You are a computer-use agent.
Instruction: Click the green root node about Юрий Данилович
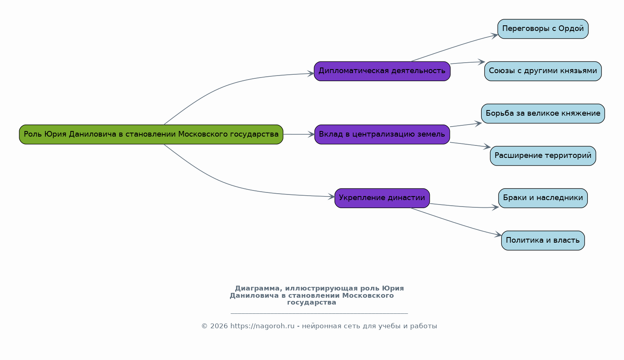coord(151,135)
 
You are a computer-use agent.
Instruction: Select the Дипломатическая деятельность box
coord(382,71)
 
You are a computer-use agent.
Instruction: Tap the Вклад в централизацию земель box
coord(382,135)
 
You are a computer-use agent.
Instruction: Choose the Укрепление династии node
coord(382,198)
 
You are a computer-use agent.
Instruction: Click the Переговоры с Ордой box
coord(543,29)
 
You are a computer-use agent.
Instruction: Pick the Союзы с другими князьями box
coord(543,71)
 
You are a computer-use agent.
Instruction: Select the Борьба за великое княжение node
coord(543,114)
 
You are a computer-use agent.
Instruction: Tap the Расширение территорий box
coord(543,156)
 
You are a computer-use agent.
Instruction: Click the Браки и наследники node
coord(543,198)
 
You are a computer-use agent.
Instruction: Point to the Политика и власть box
coord(543,241)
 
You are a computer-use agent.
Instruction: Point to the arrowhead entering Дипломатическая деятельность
coord(311,74)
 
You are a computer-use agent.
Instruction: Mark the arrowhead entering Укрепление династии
coord(331,196)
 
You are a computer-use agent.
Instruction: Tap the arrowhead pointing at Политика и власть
coord(498,235)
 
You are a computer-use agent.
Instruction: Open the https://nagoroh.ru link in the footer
coord(263,326)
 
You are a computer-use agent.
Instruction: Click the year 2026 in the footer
coord(219,326)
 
